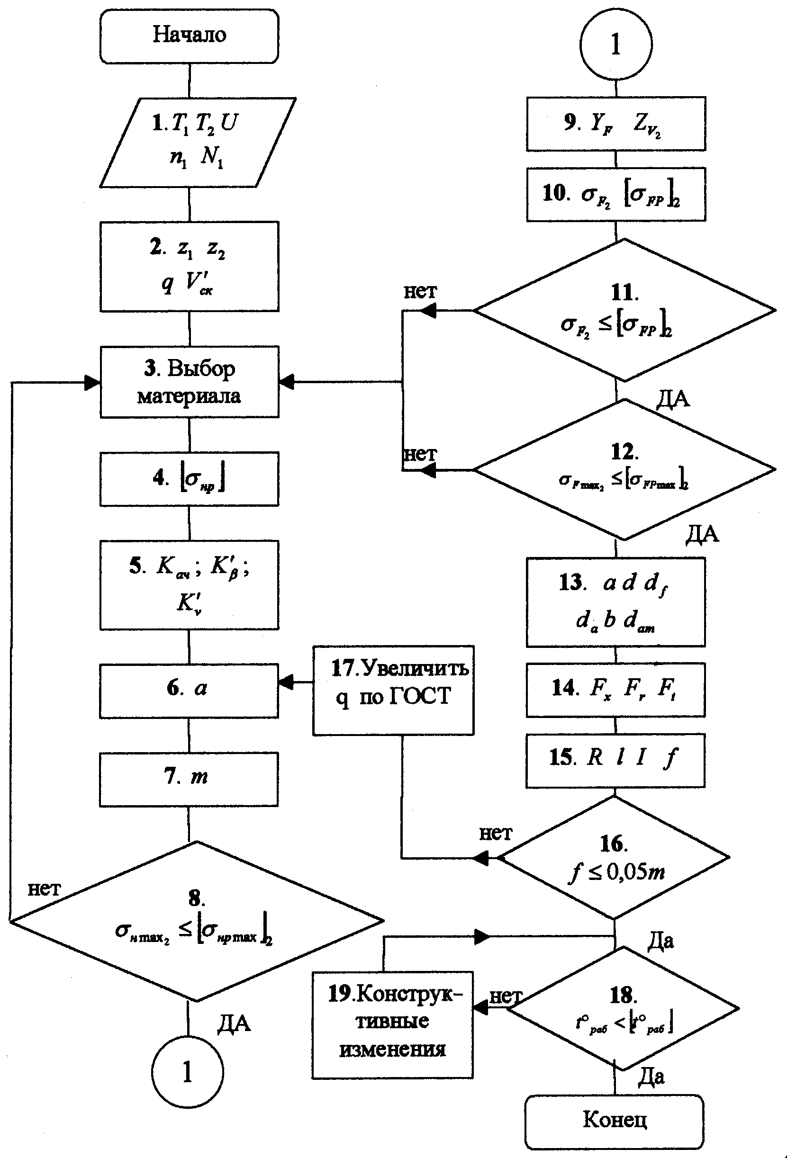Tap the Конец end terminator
[x=614, y=1121]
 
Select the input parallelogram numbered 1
[x=198, y=143]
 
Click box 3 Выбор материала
[x=190, y=382]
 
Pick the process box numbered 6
[x=189, y=690]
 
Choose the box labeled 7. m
[x=189, y=779]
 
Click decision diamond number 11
[x=624, y=310]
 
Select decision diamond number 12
[x=624, y=469]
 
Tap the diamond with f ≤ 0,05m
[x=614, y=858]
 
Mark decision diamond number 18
[x=623, y=1007]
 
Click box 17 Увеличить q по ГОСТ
[x=393, y=690]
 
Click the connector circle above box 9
[x=616, y=45]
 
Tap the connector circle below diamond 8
[x=188, y=1072]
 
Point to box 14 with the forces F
[x=615, y=690]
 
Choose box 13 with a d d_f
[x=615, y=602]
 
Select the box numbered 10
[x=616, y=194]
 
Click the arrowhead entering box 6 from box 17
[x=286, y=682]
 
